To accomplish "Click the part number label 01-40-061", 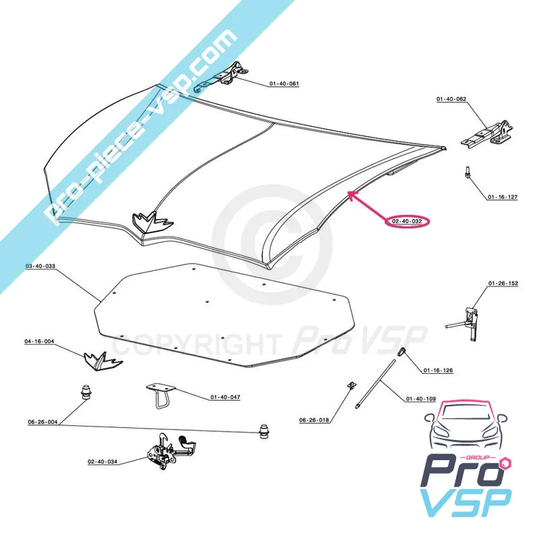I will [x=284, y=84].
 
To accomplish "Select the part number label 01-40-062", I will [x=451, y=99].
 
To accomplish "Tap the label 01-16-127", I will [x=503, y=197].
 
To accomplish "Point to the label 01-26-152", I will [x=503, y=284].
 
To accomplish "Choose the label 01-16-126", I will [x=438, y=371].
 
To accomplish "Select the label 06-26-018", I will [x=314, y=420].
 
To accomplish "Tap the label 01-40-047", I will [x=225, y=397].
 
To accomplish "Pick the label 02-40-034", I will [x=102, y=462].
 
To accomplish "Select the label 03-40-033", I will [x=40, y=267].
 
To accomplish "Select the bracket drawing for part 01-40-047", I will [x=160, y=393].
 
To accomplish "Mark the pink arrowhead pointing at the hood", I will [x=351, y=194].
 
